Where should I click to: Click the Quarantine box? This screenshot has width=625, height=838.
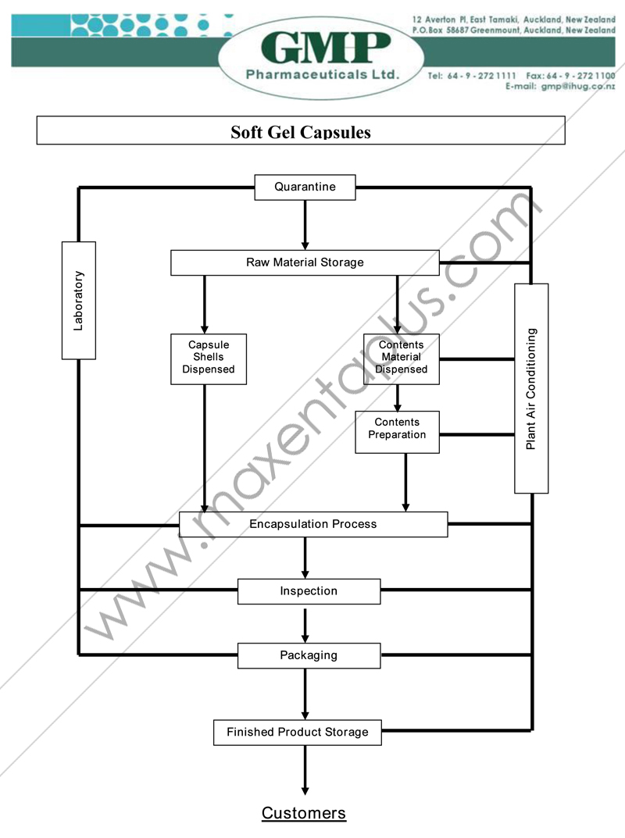[x=305, y=187]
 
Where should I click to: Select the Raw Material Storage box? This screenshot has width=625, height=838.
[x=305, y=262]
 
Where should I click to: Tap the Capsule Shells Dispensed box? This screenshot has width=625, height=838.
[x=209, y=358]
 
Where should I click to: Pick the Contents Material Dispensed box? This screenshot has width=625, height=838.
[x=402, y=358]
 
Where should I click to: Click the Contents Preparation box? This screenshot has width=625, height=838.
[x=397, y=431]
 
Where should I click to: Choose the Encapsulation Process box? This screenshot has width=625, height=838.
[x=313, y=524]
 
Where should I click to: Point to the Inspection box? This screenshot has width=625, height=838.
[x=309, y=591]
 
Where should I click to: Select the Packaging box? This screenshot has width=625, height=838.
[x=309, y=655]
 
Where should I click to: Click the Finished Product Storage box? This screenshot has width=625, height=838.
[x=298, y=733]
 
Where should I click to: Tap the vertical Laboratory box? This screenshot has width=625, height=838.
[x=79, y=300]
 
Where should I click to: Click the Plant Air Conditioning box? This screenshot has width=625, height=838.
[x=531, y=388]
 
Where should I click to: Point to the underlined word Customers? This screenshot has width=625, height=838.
[x=304, y=813]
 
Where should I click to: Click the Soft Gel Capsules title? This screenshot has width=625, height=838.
[x=301, y=131]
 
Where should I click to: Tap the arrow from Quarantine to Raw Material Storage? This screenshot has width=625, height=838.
[x=305, y=225]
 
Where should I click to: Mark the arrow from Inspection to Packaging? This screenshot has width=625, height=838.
[x=305, y=624]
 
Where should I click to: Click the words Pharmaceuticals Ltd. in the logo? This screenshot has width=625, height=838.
[x=322, y=75]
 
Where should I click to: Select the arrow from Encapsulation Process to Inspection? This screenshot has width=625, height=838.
[x=305, y=558]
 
